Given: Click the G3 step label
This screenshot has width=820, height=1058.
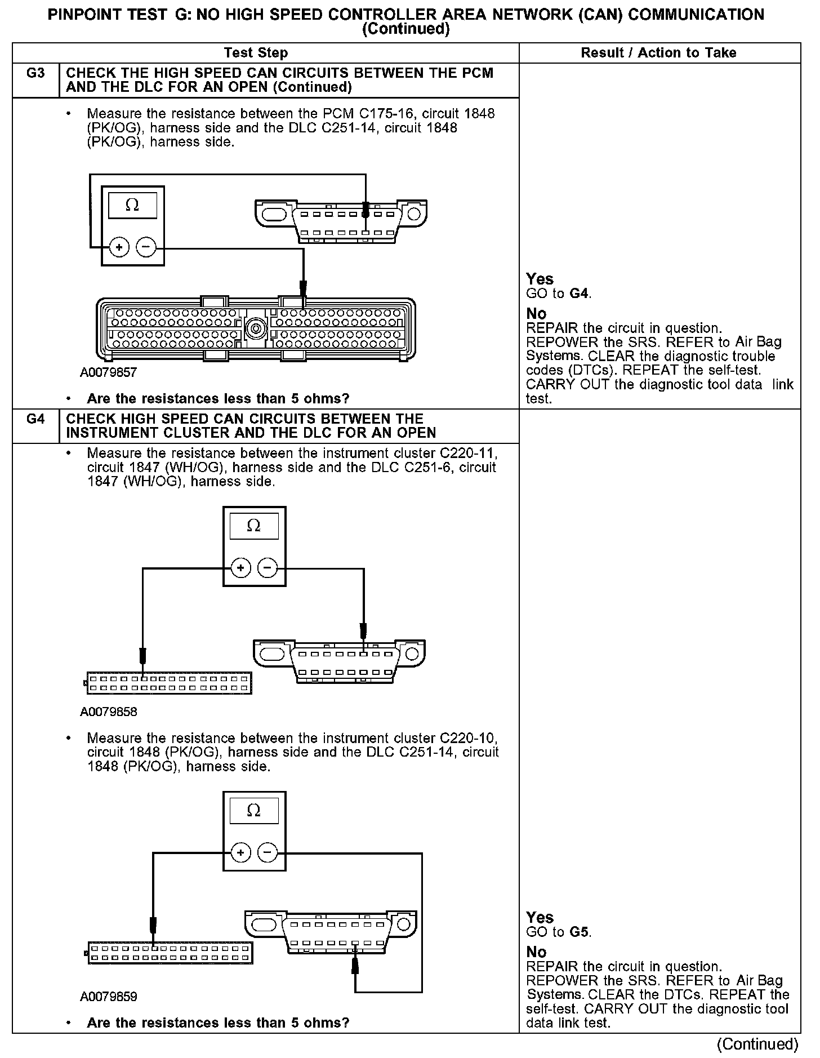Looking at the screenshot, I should (x=35, y=73).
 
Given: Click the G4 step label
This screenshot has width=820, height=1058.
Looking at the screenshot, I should (x=35, y=419).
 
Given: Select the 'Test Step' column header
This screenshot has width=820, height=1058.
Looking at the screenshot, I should (x=256, y=53).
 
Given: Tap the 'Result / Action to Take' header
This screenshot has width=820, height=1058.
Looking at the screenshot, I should (x=658, y=53).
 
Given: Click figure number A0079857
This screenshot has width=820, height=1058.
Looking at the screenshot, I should (x=109, y=373).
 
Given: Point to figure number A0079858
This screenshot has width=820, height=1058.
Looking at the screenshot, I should (x=109, y=712).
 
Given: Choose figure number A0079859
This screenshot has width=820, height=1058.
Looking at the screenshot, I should (x=109, y=997).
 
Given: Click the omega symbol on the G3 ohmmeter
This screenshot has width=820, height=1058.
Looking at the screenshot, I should (x=132, y=205).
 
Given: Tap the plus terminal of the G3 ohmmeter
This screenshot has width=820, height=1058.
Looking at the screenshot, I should (x=119, y=247).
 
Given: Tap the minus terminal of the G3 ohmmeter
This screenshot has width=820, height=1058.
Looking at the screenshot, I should (x=146, y=247).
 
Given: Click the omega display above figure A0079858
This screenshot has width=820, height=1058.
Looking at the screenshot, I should (x=254, y=526).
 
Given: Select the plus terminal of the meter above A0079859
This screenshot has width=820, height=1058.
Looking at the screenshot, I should (x=240, y=852).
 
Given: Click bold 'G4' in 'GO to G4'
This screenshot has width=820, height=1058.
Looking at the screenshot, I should (x=580, y=294).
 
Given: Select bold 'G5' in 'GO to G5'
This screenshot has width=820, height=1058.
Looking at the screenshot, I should (x=580, y=932).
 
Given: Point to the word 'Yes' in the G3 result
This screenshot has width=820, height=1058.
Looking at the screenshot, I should (x=540, y=279).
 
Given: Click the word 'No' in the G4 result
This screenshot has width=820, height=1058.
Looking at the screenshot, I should (x=536, y=952).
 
